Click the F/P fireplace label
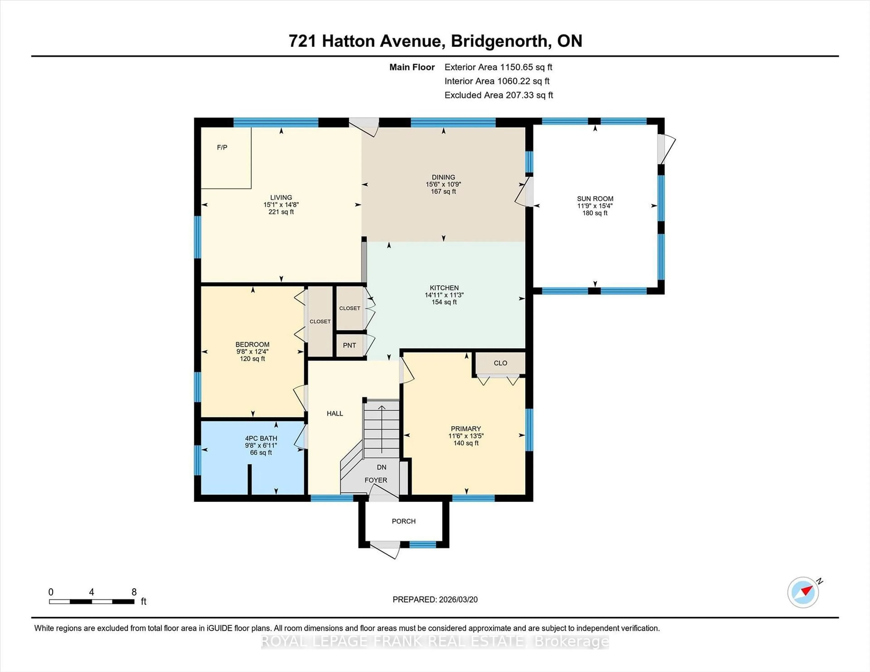pos(222,148)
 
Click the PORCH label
pos(404,521)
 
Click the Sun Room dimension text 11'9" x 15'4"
pos(595,206)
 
